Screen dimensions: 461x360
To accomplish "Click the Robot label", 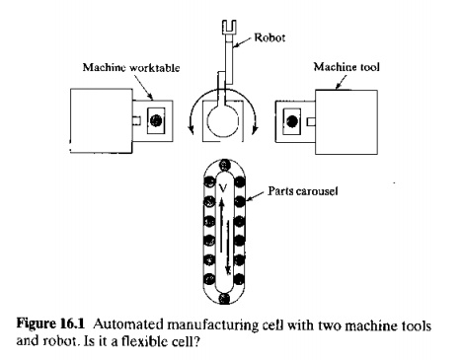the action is (269, 37).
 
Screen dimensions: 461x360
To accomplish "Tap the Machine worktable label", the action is (131, 68).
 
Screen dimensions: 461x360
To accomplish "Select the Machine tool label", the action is (346, 67).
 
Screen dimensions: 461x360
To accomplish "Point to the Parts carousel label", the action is (303, 191).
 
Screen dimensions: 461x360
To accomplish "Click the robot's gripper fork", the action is (229, 27).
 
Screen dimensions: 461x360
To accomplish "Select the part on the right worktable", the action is (292, 121).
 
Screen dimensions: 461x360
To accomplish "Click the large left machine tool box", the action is (102, 120).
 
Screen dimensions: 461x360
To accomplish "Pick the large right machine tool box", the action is (346, 122).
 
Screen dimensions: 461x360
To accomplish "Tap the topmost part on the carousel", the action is (224, 165).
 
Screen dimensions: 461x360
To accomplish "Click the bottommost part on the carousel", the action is (224, 298).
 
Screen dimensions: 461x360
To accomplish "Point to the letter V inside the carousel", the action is (223, 187).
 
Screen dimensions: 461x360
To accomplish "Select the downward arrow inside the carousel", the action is (228, 248).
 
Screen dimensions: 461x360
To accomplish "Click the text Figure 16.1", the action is (50, 324).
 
